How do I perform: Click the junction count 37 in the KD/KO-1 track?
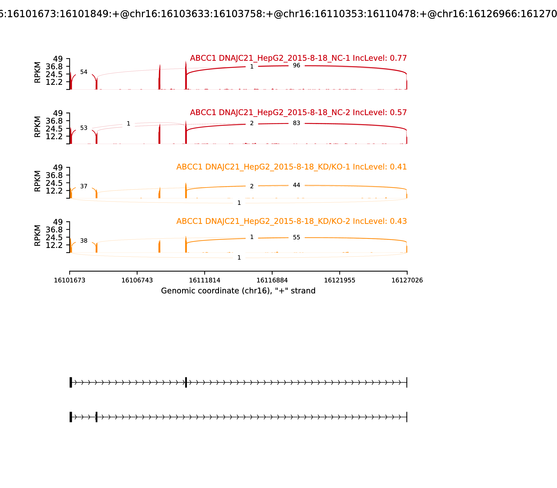[x=84, y=186]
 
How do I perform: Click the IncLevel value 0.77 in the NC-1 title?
[x=398, y=58]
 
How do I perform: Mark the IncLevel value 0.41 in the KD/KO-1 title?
[x=398, y=167]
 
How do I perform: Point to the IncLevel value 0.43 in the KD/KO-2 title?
[x=398, y=221]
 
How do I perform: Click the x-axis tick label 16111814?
[x=205, y=280]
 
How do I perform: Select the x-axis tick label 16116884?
[x=272, y=280]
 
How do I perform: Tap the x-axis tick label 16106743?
[x=137, y=280]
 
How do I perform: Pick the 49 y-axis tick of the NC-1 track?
[x=58, y=59]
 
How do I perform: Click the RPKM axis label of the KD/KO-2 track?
[x=38, y=236]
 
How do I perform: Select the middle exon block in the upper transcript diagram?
[x=186, y=382]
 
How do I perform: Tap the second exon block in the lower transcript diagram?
[x=97, y=417]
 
